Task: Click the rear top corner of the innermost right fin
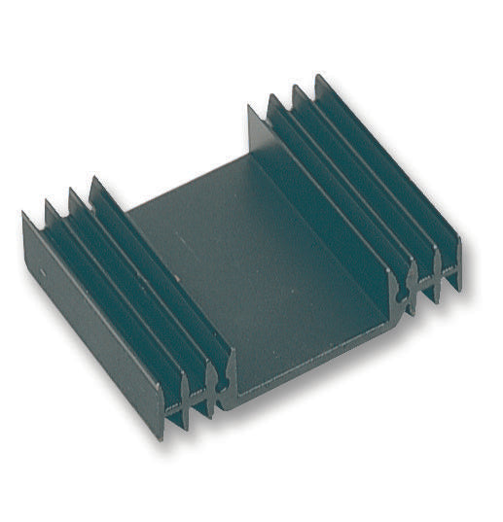coord(251,107)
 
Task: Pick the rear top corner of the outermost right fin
coord(318,76)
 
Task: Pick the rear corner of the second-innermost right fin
coord(272,97)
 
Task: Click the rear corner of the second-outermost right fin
coord(296,87)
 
